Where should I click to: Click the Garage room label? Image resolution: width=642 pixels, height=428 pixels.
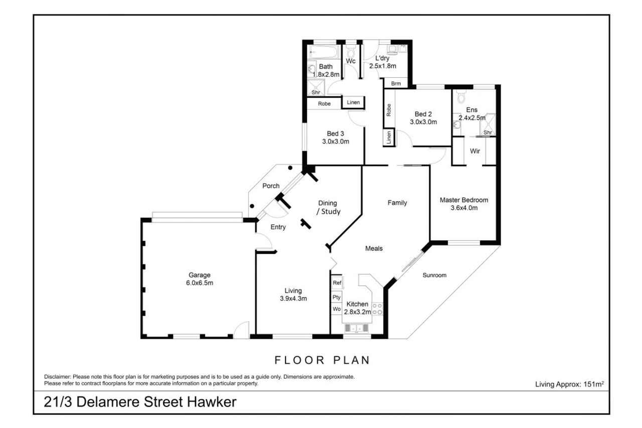coord(200,275)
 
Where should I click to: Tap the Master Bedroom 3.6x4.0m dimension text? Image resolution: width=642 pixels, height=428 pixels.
coord(464,208)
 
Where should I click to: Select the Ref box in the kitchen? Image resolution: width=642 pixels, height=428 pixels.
coord(337,282)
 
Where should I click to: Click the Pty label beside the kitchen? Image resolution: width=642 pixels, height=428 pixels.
coord(337,297)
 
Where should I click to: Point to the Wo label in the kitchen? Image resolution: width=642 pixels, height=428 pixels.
coord(337,309)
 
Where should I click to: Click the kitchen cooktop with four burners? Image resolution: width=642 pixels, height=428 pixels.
coord(377,309)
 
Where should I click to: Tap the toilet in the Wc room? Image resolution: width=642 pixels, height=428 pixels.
coord(351,51)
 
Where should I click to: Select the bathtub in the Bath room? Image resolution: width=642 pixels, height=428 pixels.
coord(324,53)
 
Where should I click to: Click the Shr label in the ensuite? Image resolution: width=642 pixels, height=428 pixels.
coord(488,132)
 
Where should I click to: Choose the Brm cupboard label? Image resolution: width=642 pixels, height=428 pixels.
coord(396,84)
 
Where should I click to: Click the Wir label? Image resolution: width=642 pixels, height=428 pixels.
coord(475,151)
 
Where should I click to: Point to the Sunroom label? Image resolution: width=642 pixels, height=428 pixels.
coord(434,275)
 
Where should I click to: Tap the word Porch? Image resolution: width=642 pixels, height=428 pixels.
coord(271,186)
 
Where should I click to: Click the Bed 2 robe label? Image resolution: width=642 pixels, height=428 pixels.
coord(389,110)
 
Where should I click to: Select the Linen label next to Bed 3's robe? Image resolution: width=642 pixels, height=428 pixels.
coord(353,102)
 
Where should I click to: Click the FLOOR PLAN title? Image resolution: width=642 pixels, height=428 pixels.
coord(322,360)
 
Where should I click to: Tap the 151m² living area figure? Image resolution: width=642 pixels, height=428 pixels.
coord(593,384)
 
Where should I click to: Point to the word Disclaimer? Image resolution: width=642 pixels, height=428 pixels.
coord(57,377)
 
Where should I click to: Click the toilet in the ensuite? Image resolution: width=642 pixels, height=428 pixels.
coord(461,96)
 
